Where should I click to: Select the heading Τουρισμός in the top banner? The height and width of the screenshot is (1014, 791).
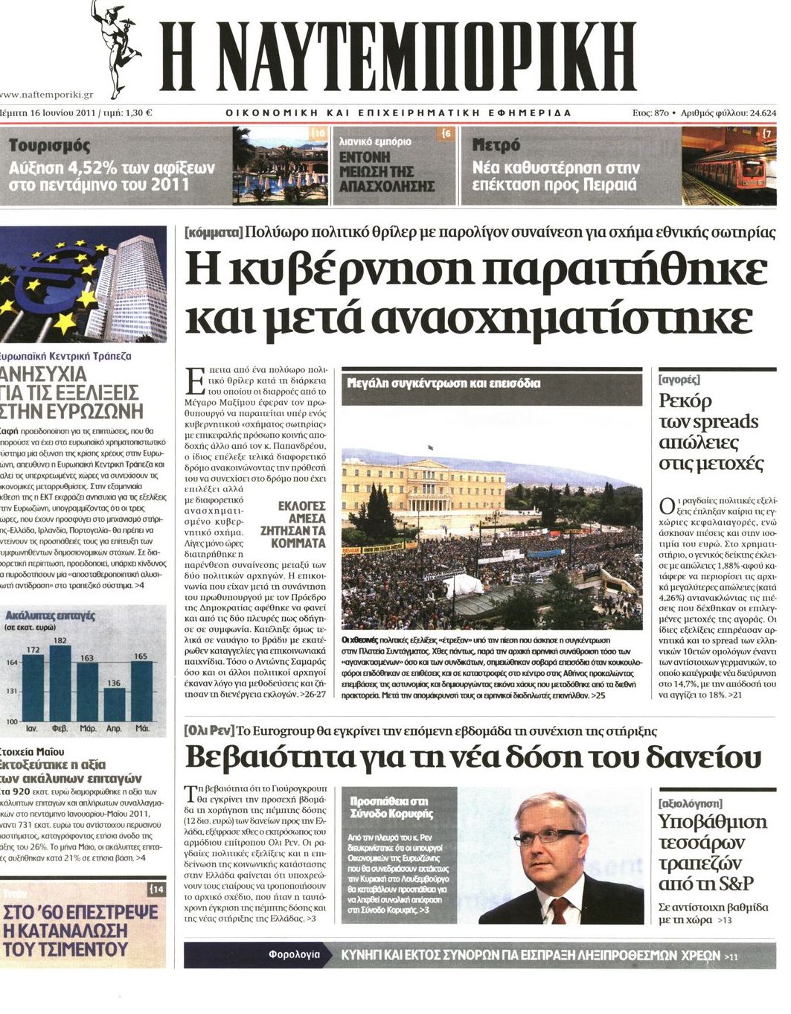point(50,145)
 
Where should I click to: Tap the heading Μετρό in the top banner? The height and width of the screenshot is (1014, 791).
point(496,145)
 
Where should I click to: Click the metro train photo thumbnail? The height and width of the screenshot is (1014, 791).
point(728,166)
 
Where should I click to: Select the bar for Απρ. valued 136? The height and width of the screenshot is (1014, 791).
point(114,704)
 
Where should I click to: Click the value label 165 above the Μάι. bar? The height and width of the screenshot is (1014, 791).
point(140,657)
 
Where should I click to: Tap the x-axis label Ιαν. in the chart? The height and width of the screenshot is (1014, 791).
point(33,728)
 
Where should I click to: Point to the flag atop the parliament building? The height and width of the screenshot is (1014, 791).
point(431,447)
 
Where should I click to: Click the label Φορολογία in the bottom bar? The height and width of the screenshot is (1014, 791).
point(295,954)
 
